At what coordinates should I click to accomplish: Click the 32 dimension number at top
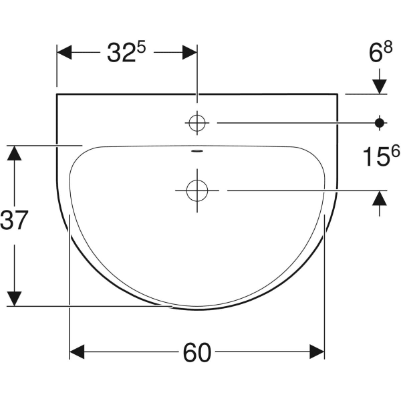121,53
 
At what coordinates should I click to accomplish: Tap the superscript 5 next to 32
141,48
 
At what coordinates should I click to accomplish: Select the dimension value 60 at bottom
197,353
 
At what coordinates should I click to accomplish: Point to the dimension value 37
13,220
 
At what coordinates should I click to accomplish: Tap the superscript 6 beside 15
394,152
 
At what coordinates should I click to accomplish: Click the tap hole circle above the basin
197,123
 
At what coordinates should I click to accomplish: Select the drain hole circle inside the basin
197,190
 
